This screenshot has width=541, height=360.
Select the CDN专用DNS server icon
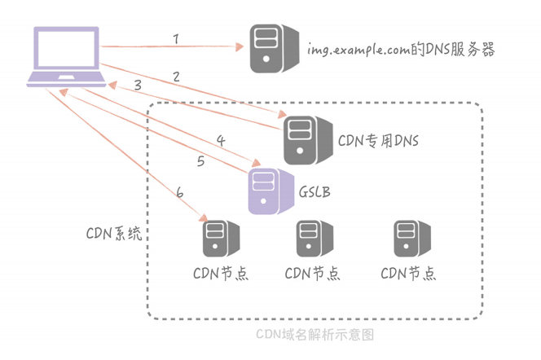coord(302,139)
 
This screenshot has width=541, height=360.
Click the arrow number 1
coord(175,39)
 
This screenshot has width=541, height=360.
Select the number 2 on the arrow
coord(175,77)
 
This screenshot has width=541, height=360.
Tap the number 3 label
coord(138,85)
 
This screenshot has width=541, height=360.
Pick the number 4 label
coord(220,140)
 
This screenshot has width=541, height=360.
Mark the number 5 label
coord(200,161)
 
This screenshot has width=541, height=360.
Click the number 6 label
coord(179,192)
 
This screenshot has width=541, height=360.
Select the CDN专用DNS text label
coord(378,141)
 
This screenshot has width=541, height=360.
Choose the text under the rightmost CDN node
coord(407,273)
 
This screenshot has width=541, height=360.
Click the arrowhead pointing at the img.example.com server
coord(241,47)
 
